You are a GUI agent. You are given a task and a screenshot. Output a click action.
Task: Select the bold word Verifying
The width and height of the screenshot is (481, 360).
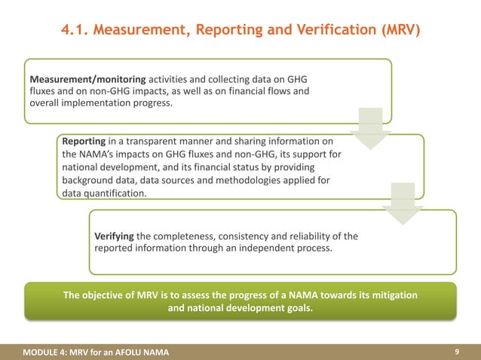[x=113, y=236]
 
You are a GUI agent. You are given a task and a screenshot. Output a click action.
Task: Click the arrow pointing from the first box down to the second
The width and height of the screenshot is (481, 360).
[x=369, y=128]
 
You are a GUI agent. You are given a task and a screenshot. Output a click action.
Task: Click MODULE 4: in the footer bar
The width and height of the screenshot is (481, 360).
[x=44, y=352]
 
